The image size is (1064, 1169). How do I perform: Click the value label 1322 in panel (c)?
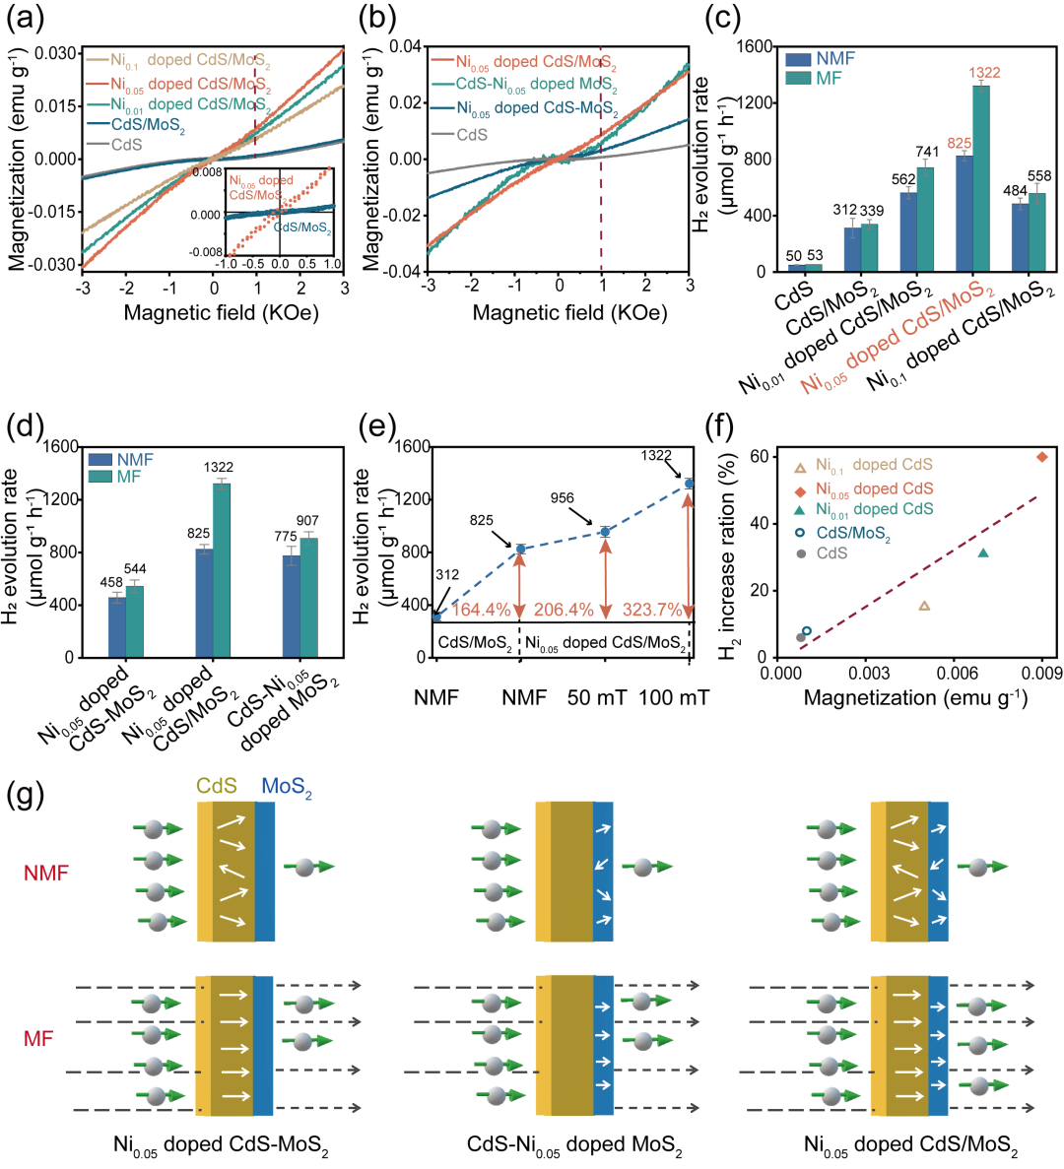pos(984,73)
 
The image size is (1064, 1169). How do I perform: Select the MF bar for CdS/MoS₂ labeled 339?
pos(869,246)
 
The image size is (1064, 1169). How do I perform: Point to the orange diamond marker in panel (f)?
pos(1042,457)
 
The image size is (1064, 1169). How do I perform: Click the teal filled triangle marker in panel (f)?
pos(983,553)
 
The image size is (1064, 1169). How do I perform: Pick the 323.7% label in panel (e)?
pos(651,611)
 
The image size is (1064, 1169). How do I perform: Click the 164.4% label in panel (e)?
pos(481,611)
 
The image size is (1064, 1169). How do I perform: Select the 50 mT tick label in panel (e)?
pos(597,698)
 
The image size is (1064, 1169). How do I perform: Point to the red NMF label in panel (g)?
pos(46,873)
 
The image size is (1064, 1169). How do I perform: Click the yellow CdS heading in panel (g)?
pos(217,786)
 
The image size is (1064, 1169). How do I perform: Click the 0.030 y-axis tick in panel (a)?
pos(56,53)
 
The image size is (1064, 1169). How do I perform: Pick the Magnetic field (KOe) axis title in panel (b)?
pos(569,313)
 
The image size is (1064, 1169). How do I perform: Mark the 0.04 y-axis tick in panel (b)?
pos(405,47)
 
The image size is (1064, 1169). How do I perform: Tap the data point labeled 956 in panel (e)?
pos(605,532)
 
